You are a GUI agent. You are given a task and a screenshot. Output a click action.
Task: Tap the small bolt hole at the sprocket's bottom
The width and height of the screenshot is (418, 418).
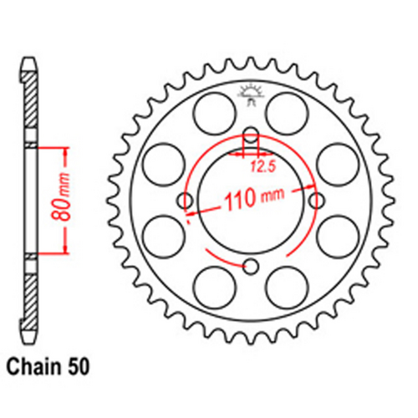(x=251, y=267)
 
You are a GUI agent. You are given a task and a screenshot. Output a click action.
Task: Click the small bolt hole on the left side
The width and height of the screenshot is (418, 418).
(x=185, y=201)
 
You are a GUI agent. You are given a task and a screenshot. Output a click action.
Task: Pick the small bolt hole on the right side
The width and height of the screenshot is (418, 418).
(x=317, y=201)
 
